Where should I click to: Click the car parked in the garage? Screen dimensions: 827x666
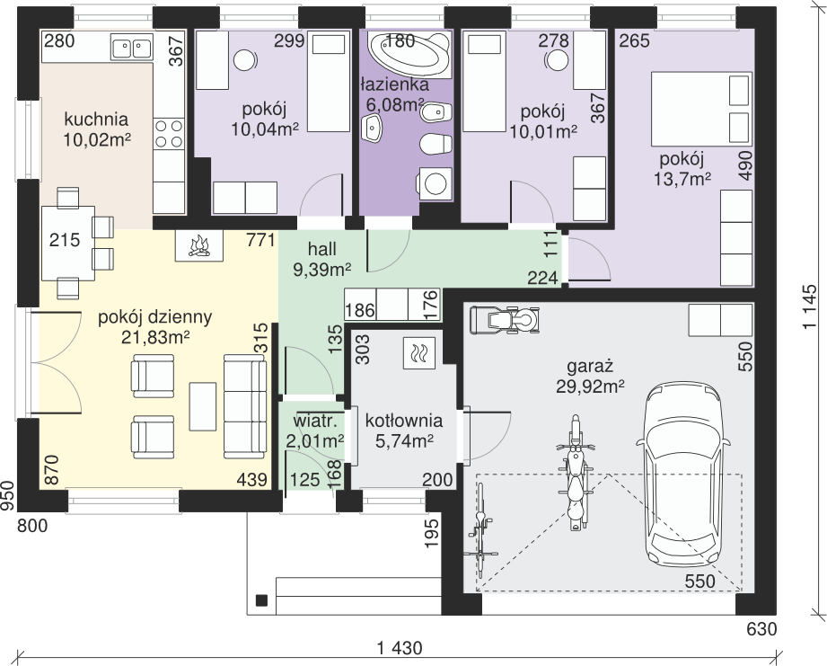click(683, 475)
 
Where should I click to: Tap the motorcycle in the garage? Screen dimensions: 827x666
click(576, 473)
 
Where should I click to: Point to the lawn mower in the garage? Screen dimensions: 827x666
click(506, 319)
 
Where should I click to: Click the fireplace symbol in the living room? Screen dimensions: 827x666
click(198, 245)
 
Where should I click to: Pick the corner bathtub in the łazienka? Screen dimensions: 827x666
click(409, 55)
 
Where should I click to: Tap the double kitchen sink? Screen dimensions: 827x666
click(131, 47)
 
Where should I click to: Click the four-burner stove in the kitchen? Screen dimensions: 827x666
click(169, 134)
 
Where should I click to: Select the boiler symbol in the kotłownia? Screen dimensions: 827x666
click(418, 353)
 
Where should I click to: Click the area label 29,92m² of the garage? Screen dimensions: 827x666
click(590, 386)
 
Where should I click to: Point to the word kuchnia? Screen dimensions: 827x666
click(96, 119)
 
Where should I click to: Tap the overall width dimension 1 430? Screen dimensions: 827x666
click(400, 647)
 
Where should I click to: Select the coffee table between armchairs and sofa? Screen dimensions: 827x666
click(203, 407)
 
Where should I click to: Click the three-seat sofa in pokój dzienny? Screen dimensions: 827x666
click(245, 406)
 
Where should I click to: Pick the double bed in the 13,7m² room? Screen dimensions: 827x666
click(701, 109)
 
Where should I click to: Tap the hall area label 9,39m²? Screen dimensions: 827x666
click(322, 269)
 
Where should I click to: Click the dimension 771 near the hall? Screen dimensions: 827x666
click(260, 240)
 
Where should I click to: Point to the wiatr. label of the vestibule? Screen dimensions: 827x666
click(315, 421)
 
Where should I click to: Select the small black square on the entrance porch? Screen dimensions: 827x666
click(261, 600)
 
